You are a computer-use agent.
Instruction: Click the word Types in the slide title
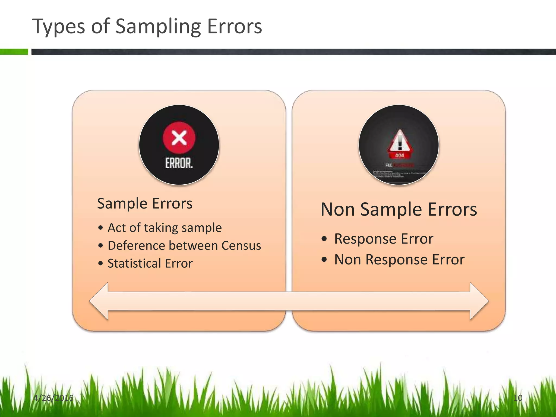click(x=58, y=27)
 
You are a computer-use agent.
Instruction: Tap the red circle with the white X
click(x=179, y=138)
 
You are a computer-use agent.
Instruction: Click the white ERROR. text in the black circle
click(x=179, y=163)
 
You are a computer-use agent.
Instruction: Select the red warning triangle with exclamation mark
click(x=399, y=141)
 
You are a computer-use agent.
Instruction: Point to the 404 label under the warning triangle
click(x=399, y=156)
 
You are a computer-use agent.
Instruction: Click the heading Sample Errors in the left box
click(x=145, y=203)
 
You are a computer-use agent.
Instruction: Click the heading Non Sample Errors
click(x=399, y=209)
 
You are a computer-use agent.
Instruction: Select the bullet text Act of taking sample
click(x=165, y=228)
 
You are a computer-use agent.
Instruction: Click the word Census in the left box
click(x=241, y=245)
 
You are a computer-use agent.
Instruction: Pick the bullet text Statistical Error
click(x=150, y=263)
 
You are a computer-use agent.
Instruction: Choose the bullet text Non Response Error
click(x=399, y=260)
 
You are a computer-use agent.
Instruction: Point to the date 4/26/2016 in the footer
click(x=53, y=398)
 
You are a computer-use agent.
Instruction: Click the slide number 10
click(x=518, y=398)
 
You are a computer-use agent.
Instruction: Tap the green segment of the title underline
click(x=14, y=52)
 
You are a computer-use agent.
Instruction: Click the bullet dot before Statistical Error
click(x=101, y=263)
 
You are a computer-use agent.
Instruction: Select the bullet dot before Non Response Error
click(x=324, y=260)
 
